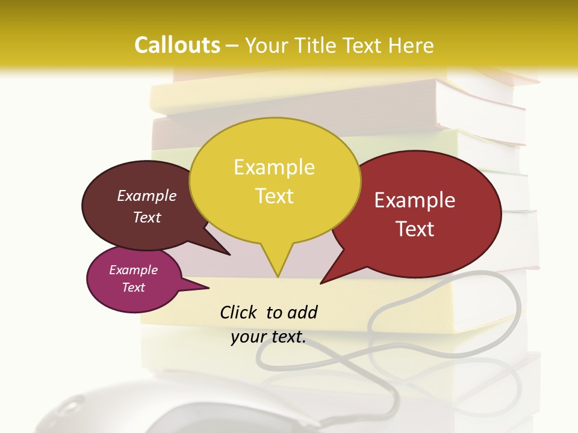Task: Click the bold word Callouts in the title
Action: [177, 45]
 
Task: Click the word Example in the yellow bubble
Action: [274, 167]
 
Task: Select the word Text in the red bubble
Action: [415, 229]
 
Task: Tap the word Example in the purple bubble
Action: [134, 270]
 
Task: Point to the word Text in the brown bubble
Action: [147, 218]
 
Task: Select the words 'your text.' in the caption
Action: [269, 337]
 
